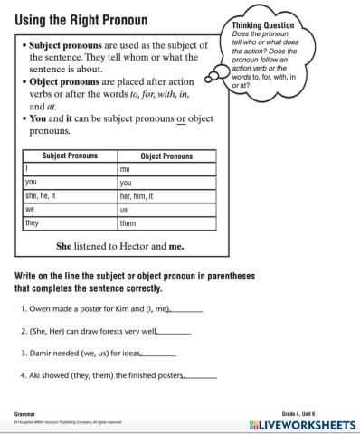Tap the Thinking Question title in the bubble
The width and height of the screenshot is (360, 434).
pyautogui.click(x=261, y=26)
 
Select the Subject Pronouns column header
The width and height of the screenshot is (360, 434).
pyautogui.click(x=70, y=156)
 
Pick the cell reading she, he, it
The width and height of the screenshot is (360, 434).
pyautogui.click(x=70, y=195)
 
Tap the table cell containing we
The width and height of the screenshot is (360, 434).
pyautogui.click(x=70, y=209)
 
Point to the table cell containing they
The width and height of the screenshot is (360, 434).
pyautogui.click(x=70, y=222)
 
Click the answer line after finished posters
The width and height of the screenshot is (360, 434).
pyautogui.click(x=200, y=376)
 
